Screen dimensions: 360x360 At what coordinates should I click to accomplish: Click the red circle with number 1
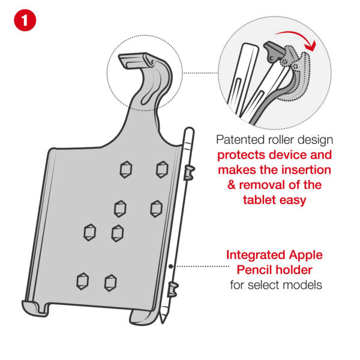click(25, 20)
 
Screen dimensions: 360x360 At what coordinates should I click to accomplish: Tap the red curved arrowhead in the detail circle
click(310, 46)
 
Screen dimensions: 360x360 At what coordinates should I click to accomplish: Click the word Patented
click(238, 140)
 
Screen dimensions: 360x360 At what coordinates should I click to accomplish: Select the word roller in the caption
click(277, 140)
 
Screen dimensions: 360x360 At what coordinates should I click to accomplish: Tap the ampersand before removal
click(232, 185)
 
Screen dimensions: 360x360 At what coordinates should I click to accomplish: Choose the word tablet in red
click(259, 200)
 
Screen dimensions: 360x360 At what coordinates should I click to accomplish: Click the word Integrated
click(255, 256)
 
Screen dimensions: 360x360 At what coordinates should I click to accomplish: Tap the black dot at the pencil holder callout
click(170, 266)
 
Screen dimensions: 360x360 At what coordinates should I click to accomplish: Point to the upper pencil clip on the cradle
click(189, 173)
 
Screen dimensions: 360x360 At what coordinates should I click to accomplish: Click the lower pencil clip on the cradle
click(173, 290)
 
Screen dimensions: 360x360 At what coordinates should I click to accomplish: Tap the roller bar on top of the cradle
click(137, 60)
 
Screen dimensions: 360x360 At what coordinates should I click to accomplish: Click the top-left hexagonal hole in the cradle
click(126, 169)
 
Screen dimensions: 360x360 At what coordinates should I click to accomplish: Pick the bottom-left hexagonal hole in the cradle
click(82, 281)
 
